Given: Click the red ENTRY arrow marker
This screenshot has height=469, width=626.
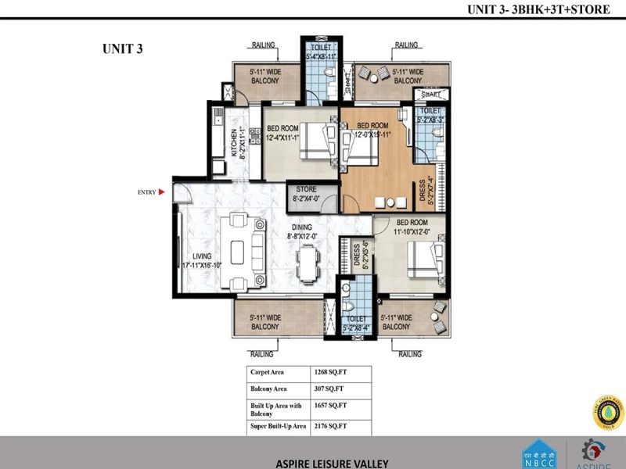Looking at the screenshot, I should click(161, 191).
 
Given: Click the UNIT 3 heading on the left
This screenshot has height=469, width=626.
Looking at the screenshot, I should click(121, 48).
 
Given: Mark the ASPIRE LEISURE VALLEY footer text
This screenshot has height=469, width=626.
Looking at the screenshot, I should click(332, 463).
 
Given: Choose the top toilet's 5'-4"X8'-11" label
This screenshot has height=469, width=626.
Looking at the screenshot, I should click(319, 52).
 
